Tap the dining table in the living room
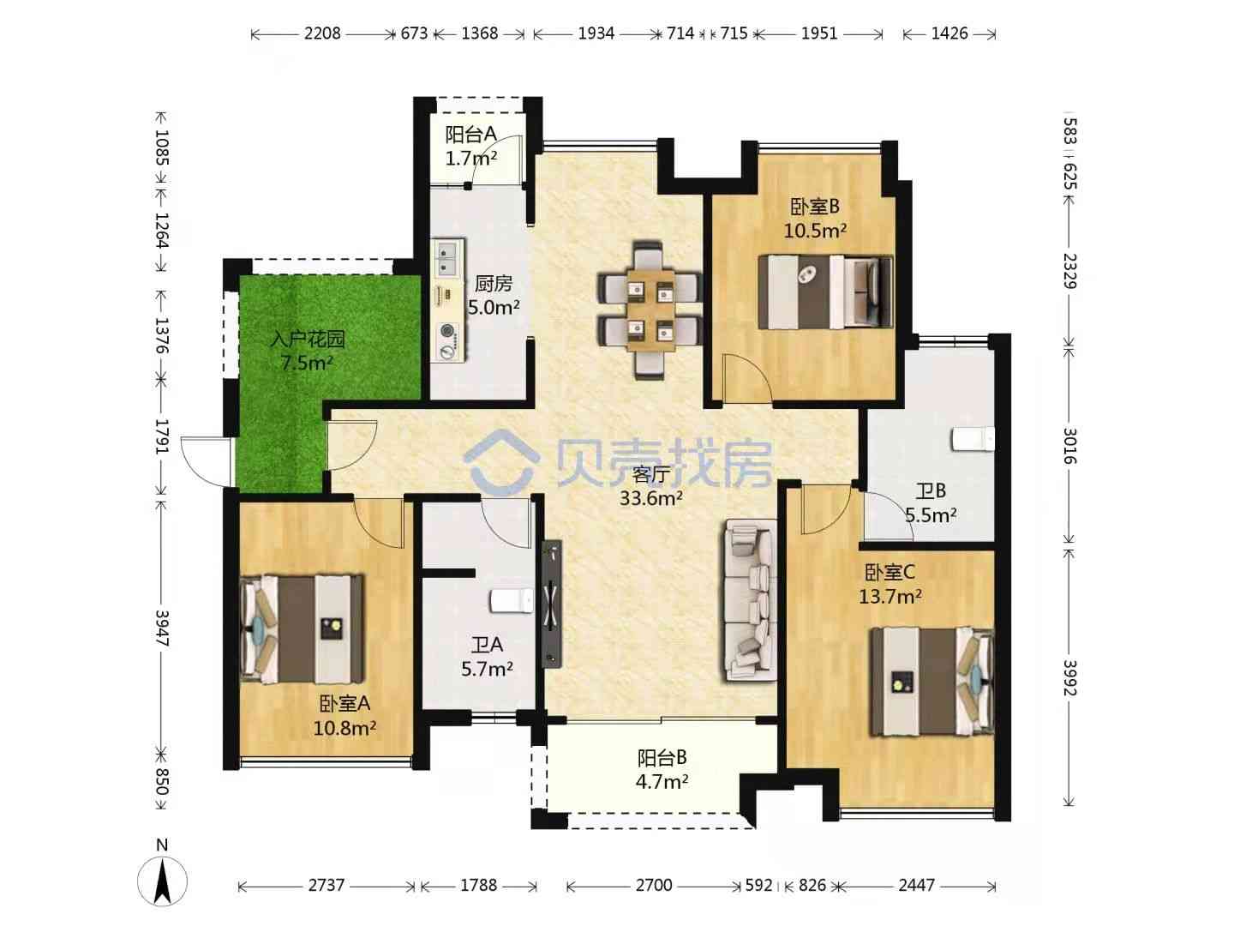point(650,310)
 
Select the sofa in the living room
point(750,600)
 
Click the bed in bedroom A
point(302,628)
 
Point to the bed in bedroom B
point(825,292)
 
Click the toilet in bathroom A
point(512,600)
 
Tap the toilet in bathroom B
point(973,438)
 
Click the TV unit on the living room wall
point(552,604)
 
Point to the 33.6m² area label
point(651,497)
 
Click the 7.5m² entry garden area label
point(307,363)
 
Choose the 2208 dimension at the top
point(322,33)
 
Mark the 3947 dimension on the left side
point(162,628)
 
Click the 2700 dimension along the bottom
point(654,886)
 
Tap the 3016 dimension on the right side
point(1069,445)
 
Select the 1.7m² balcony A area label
point(471,158)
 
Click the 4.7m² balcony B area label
point(662,781)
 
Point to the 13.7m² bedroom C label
point(890,596)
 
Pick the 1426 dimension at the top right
point(949,33)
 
